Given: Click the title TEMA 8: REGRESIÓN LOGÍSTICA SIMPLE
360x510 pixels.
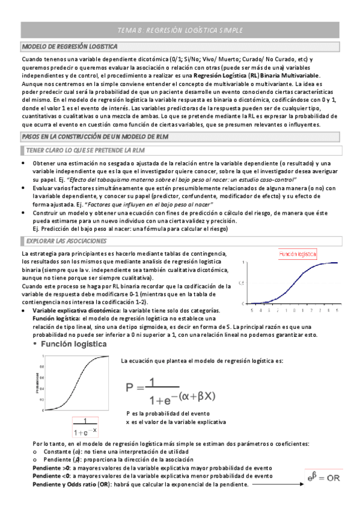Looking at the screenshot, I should coord(180,29).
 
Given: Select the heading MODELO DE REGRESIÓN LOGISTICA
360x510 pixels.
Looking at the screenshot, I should coord(61,46).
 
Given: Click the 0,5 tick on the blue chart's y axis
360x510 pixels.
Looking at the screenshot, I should coord(242,283).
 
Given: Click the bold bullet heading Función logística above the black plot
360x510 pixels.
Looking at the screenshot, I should coord(75,344).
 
